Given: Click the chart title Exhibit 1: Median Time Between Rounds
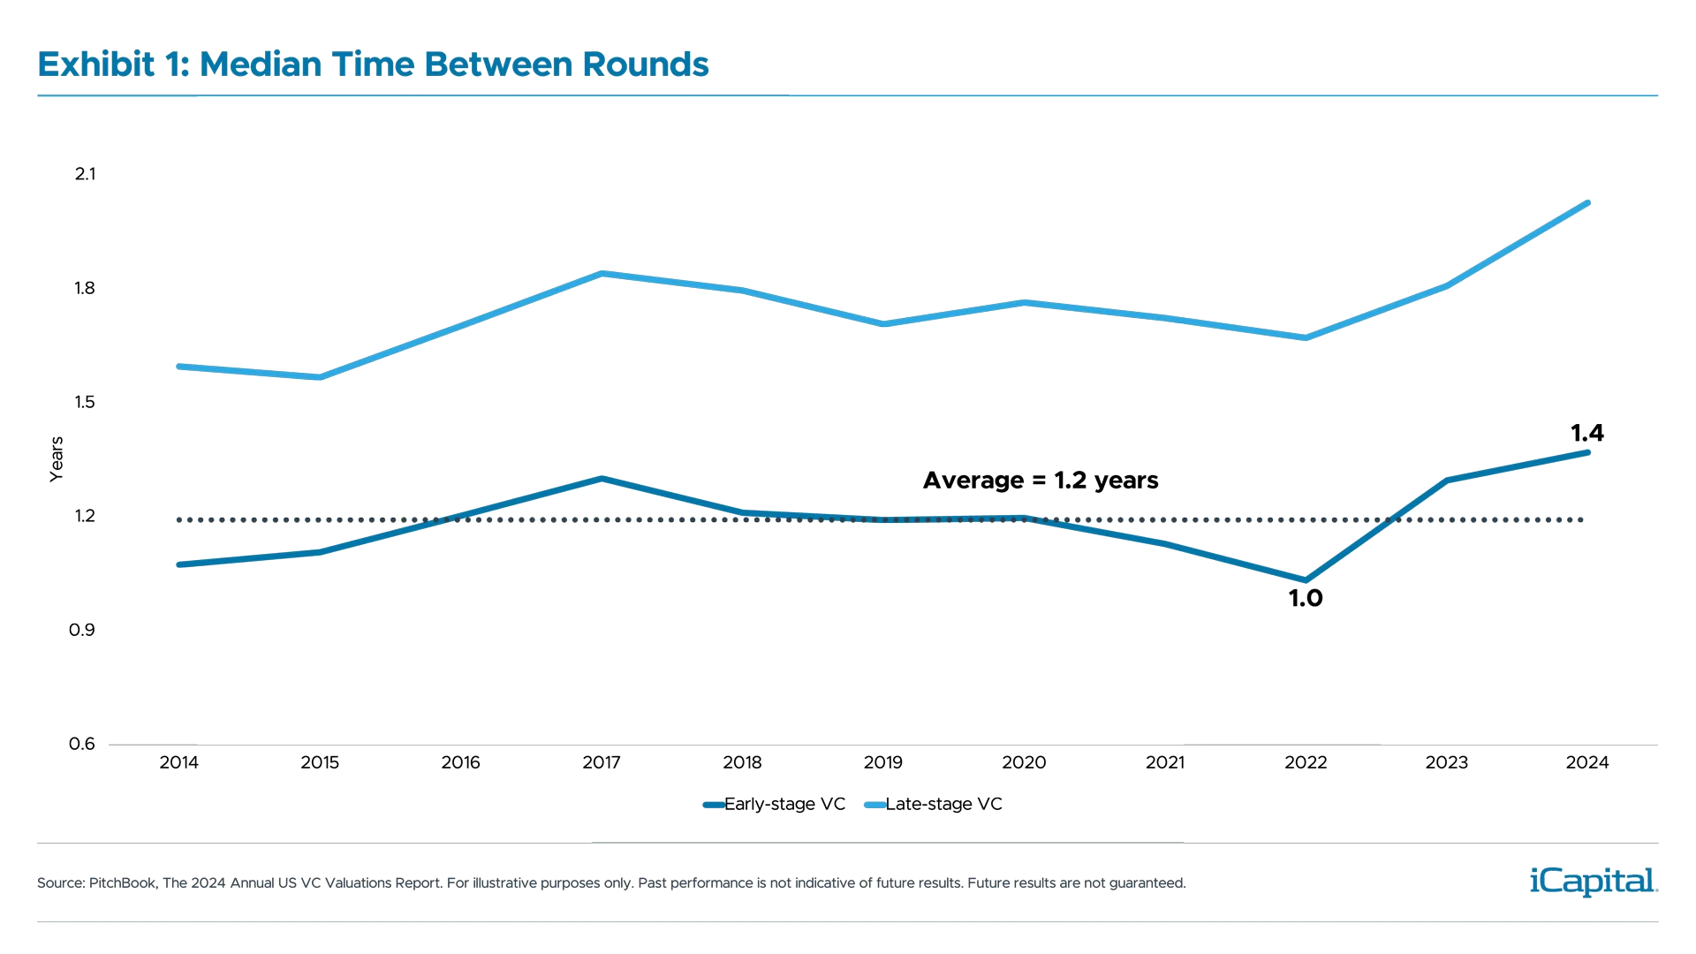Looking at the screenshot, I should [373, 64].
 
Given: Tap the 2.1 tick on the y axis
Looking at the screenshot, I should [85, 174].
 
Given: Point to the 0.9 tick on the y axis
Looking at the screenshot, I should [83, 630].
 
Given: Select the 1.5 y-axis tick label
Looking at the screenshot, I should [85, 403].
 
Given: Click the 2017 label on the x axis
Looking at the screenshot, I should [601, 762].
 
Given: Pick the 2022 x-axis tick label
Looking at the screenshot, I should [1306, 762].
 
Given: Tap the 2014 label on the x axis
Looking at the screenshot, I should [178, 762].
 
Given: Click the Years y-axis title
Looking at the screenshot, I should [57, 459].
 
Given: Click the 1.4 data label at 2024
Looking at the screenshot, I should [1586, 434].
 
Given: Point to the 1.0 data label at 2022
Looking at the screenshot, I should [1306, 598].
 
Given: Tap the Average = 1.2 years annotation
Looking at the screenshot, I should [1041, 481].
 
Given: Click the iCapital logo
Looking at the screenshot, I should [1590, 881].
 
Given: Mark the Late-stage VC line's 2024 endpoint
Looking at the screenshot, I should [1587, 204].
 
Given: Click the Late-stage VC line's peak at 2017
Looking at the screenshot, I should [601, 274].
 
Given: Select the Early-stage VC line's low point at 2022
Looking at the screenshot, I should [1306, 579].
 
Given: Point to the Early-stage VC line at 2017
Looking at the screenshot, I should [601, 479].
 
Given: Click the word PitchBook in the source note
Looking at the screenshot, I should [124, 883].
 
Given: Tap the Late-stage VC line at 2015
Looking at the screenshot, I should [320, 376].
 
